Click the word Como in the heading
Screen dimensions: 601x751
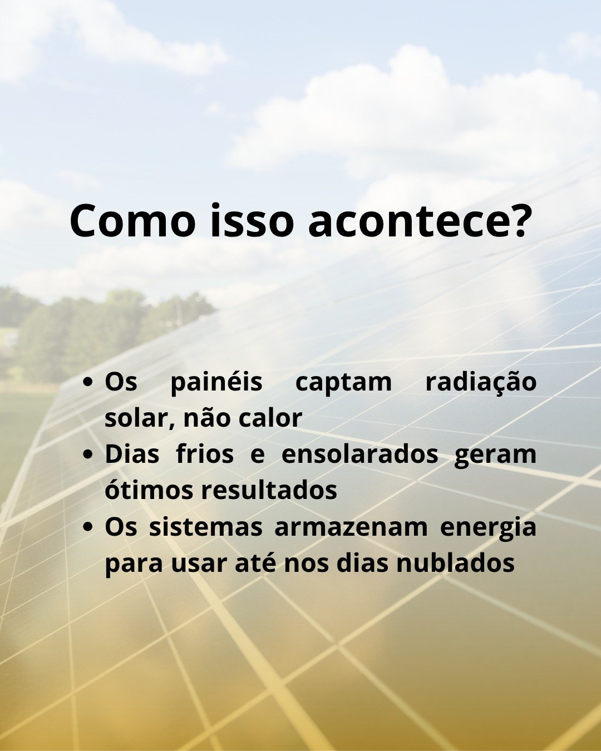click(x=132, y=221)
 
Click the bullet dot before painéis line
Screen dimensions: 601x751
click(x=88, y=382)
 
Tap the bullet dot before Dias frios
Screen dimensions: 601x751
click(x=88, y=454)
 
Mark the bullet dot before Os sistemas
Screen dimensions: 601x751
click(x=88, y=527)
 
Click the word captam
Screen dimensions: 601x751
click(x=344, y=384)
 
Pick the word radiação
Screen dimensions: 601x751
click(x=481, y=382)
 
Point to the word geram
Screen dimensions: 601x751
click(x=495, y=457)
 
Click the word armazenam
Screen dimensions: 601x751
click(x=351, y=528)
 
